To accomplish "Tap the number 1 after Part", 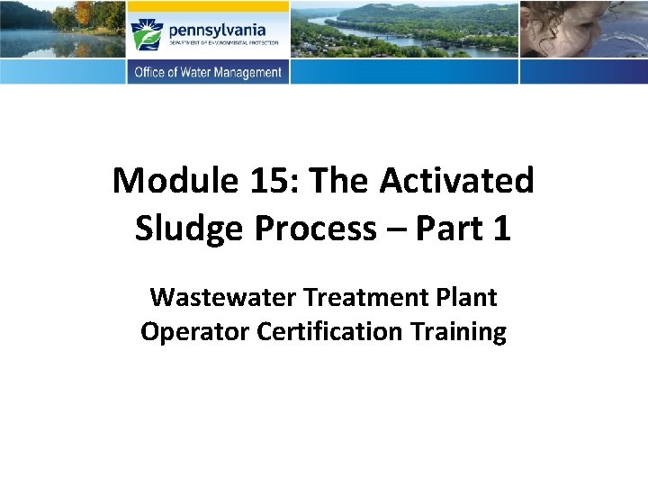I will (x=501, y=229).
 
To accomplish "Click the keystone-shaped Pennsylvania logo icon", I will (x=147, y=33).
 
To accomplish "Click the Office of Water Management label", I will (x=208, y=73).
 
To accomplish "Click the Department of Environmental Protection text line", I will (x=222, y=42).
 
